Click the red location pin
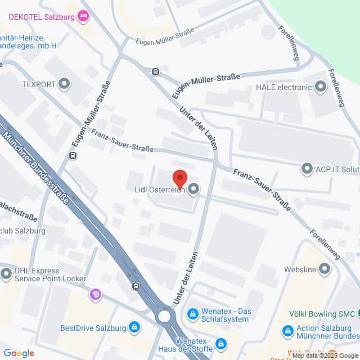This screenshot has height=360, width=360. point(179,177)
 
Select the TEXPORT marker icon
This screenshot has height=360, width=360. point(64,84)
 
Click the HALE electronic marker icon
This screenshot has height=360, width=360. point(321,87)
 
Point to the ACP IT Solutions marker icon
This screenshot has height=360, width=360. point(307,168)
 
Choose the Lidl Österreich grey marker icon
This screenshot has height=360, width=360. point(193,190)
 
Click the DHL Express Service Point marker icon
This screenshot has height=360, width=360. point(6,274)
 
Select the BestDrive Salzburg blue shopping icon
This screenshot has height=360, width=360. point(134,326)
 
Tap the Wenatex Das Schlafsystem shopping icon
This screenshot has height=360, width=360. point(193,313)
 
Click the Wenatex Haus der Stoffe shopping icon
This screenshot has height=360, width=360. point(222,343)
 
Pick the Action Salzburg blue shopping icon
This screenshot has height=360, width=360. point(287,330)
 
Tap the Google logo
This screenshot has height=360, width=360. point(19,353)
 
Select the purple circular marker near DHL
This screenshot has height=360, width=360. point(96,294)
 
